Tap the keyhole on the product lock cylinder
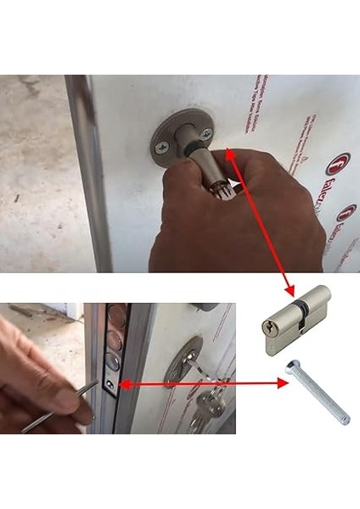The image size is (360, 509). (270, 325)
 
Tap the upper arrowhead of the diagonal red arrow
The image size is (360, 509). (229, 153)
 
